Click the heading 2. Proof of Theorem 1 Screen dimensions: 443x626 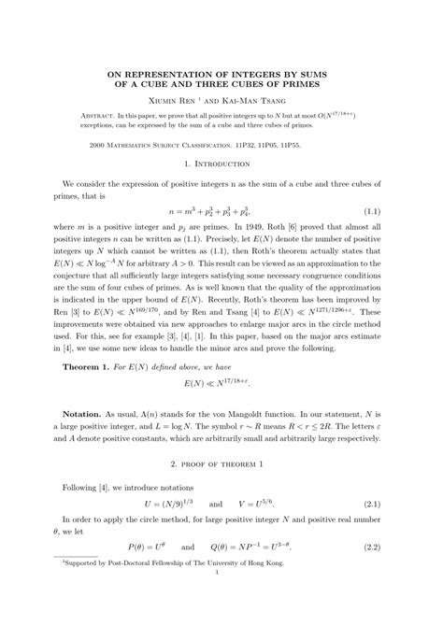click(x=221, y=490)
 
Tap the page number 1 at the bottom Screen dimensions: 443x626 click(x=221, y=613)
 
